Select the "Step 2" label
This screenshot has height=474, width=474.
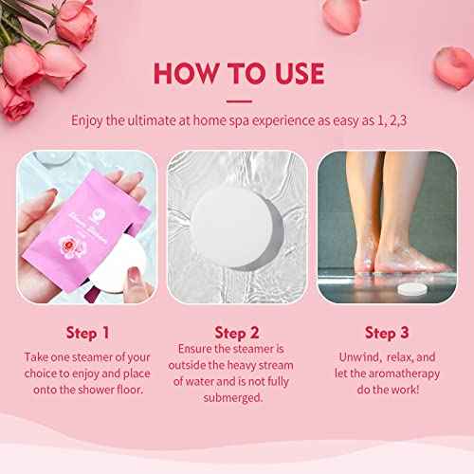coord(236,334)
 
